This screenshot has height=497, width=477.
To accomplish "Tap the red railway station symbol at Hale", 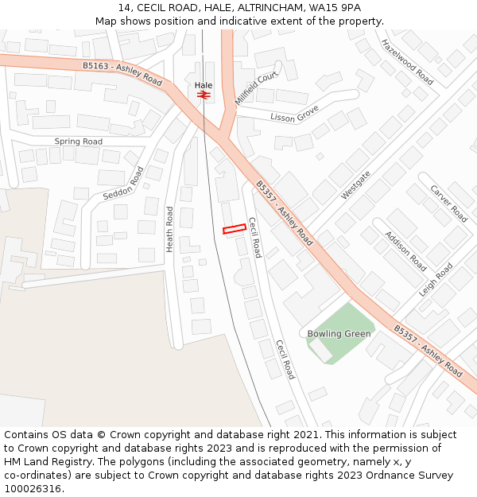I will [x=204, y=95].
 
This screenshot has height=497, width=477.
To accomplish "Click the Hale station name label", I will [x=204, y=84].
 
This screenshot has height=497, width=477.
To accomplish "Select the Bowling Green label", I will [x=339, y=333].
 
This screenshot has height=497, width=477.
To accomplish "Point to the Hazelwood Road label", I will [x=407, y=62].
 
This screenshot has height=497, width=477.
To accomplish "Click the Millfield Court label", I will [x=257, y=86].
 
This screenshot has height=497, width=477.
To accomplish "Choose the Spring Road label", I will [x=78, y=142].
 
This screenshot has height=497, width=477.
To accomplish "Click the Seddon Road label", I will [x=123, y=184].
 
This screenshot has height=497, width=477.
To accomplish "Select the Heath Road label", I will [x=169, y=230].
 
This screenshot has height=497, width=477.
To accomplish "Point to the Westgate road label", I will [x=355, y=185].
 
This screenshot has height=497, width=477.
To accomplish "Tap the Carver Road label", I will [x=448, y=204].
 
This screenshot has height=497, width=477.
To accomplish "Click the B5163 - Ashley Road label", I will [x=122, y=74].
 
